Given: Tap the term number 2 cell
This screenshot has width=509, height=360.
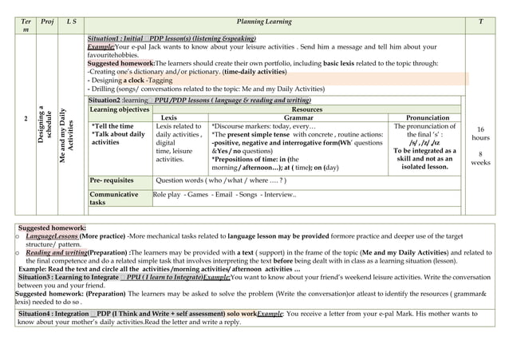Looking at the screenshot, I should click(26, 119).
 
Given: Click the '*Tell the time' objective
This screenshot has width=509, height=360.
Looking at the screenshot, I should click(113, 126).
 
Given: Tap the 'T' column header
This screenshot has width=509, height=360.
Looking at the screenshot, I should click(479, 22).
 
